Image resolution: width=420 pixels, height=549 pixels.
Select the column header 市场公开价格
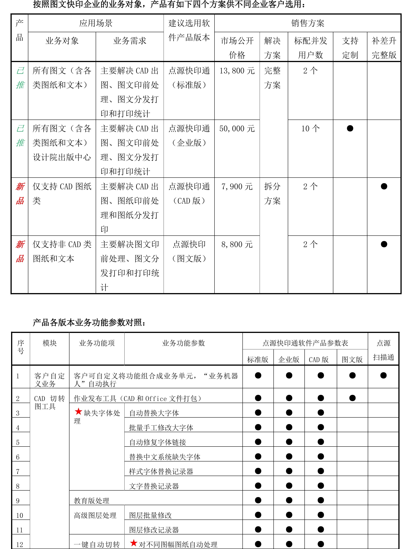(237, 48)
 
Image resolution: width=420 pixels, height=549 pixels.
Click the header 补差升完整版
(384, 48)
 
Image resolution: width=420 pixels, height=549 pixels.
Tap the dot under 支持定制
(350, 128)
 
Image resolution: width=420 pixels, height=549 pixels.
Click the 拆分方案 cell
(272, 193)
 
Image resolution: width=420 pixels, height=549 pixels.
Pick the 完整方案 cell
(272, 78)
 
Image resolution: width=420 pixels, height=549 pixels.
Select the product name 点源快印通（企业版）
(189, 136)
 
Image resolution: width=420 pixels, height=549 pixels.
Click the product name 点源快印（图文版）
(189, 251)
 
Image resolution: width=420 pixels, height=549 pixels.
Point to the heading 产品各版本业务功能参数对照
(89, 323)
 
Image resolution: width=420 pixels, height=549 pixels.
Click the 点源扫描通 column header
(383, 350)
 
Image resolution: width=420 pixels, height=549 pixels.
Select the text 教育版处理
(91, 501)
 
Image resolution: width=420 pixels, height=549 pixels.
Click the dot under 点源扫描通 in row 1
(383, 375)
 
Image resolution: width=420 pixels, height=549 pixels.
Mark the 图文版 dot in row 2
(352, 398)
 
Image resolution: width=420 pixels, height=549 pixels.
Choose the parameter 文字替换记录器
(154, 486)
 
